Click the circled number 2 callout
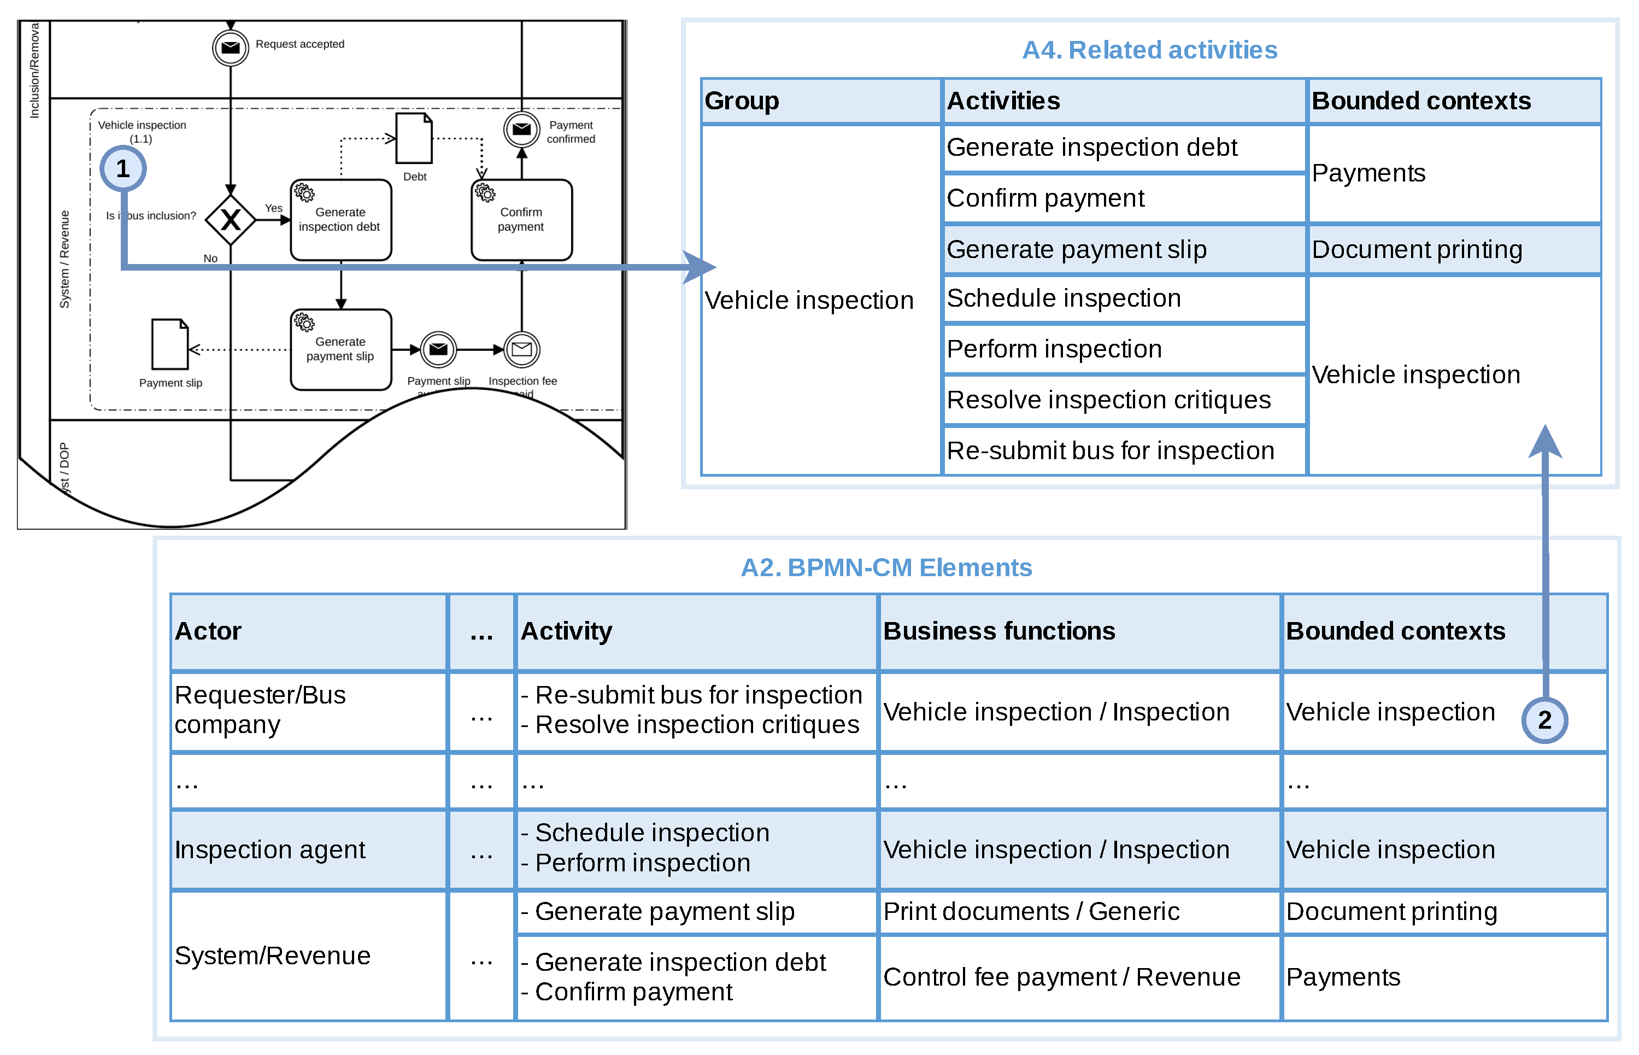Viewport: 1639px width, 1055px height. point(1544,720)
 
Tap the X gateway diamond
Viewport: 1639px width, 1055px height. point(231,220)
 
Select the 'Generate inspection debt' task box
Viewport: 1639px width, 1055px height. point(340,220)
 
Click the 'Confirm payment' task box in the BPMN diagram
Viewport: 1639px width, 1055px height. point(521,220)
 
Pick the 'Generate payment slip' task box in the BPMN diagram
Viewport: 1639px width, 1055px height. point(340,349)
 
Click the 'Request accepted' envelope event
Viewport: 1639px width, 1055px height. point(231,47)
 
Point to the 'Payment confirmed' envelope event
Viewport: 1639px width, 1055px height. point(522,130)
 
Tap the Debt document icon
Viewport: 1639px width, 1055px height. point(414,138)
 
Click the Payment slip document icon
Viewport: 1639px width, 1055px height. point(170,344)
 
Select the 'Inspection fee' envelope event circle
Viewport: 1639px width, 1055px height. point(522,349)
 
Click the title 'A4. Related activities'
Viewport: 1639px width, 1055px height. point(1149,50)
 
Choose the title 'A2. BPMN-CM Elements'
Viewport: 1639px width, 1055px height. point(886,567)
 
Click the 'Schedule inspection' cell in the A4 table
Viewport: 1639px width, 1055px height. point(1123,298)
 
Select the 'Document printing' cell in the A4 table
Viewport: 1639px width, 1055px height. point(1453,249)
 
